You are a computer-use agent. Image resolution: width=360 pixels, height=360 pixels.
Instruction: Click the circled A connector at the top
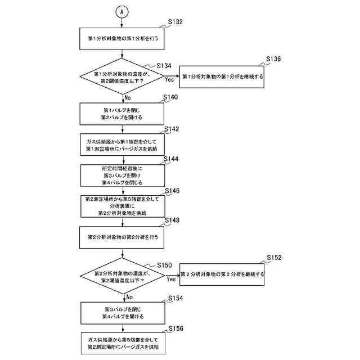[x=121, y=12]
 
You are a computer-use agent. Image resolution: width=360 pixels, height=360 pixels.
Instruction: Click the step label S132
[x=175, y=22]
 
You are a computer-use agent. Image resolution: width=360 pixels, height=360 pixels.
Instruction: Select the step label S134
[x=164, y=66]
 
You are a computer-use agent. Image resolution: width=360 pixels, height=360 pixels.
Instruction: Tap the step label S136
[x=273, y=59]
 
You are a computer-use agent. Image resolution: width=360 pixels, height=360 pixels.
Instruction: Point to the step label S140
[x=170, y=97]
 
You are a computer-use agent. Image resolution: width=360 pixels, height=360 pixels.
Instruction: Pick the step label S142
[x=172, y=129]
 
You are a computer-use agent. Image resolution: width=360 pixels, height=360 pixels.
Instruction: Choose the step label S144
[x=171, y=159]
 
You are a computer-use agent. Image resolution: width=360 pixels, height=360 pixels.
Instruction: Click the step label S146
[x=172, y=191]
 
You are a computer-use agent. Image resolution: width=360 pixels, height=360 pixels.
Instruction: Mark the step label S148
[x=172, y=220]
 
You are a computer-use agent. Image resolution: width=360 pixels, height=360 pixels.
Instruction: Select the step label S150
[x=164, y=265]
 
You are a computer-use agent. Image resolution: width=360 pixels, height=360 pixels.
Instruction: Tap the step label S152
[x=274, y=258]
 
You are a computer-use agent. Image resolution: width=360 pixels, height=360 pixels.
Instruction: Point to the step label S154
[x=175, y=298]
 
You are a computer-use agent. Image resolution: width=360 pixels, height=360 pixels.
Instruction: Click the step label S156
[x=176, y=328]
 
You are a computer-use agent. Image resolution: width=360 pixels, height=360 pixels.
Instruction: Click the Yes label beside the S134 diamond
[x=169, y=80]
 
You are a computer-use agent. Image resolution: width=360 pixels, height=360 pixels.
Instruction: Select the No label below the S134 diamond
[x=128, y=97]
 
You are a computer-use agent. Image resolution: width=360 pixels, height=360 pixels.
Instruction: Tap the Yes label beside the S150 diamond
[x=171, y=279]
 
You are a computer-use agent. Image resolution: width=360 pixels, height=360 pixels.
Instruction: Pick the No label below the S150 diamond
[x=129, y=297]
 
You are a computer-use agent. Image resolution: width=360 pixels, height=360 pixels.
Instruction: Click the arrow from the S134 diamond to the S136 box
[x=172, y=76]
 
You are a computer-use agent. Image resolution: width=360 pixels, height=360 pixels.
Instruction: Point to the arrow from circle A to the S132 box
[x=121, y=23]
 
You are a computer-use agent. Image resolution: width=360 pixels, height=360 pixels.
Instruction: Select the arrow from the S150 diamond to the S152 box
[x=172, y=275]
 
